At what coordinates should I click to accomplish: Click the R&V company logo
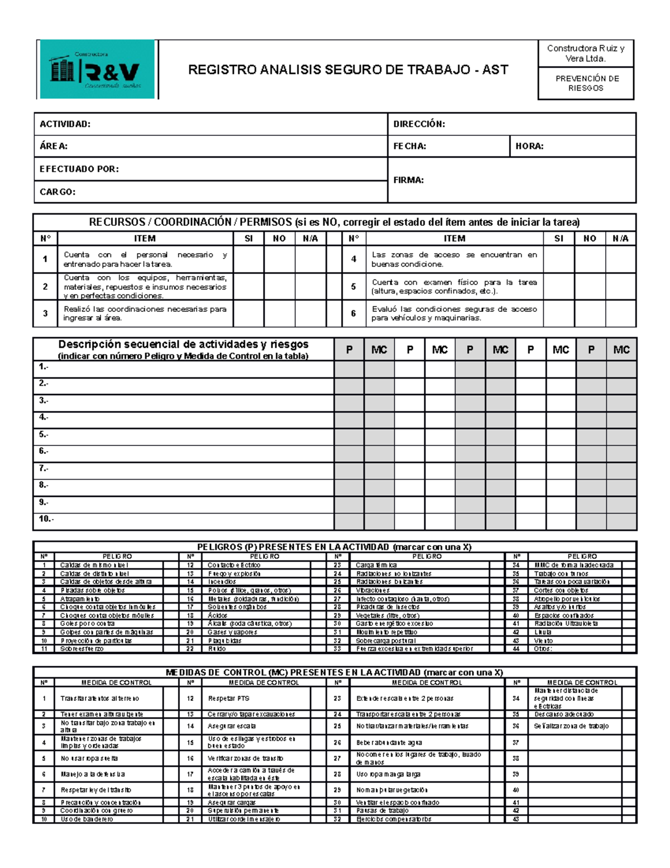click(97, 70)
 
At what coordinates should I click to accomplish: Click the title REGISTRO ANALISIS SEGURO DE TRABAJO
click(348, 70)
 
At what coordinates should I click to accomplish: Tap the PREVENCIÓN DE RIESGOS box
click(586, 83)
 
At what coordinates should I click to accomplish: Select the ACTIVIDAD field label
click(65, 124)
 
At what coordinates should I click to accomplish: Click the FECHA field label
click(409, 146)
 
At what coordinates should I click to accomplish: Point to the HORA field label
click(529, 146)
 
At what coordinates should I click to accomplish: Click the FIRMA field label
click(408, 180)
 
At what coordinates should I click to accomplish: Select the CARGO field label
click(57, 192)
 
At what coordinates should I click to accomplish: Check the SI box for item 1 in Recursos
click(248, 259)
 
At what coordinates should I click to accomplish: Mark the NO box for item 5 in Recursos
click(590, 287)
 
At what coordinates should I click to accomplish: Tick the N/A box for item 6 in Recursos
click(620, 314)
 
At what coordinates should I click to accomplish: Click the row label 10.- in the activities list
click(46, 519)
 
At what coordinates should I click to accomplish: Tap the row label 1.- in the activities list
click(44, 367)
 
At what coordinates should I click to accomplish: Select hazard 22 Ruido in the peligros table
click(217, 649)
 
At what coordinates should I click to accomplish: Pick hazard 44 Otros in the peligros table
click(543, 649)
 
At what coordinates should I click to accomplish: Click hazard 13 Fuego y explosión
click(234, 573)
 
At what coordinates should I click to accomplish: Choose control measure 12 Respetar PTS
click(228, 698)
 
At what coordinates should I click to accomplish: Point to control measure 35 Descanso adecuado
click(563, 714)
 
